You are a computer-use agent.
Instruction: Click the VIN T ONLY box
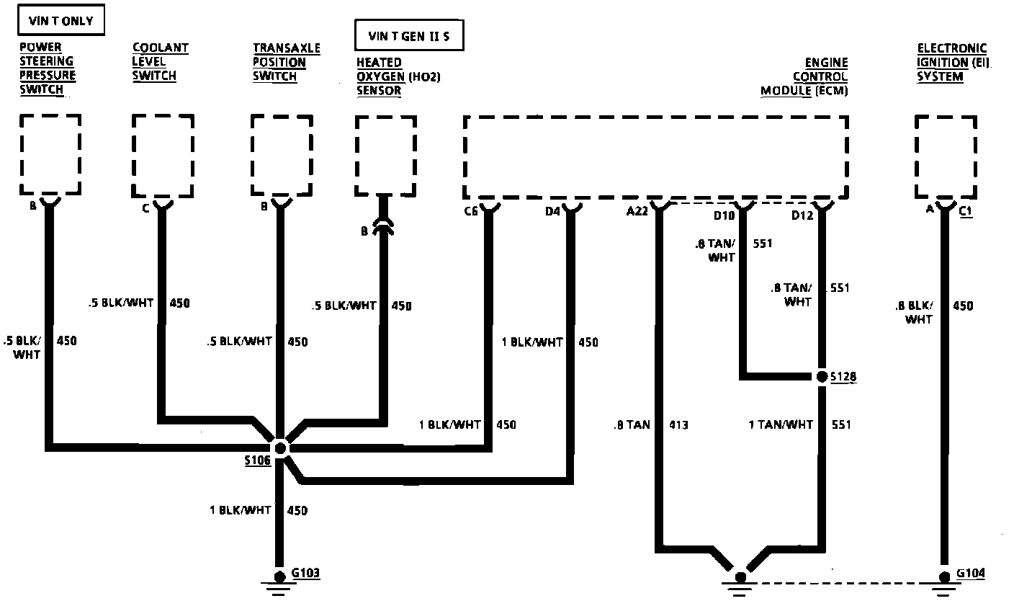(61, 21)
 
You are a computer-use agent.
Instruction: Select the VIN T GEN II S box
(408, 36)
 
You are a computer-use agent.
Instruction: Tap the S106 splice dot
(281, 448)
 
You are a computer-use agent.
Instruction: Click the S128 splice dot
(822, 377)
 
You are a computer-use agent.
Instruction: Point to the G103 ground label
(305, 574)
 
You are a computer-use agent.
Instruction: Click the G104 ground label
(971, 574)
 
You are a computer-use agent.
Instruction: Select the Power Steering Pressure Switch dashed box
(50, 154)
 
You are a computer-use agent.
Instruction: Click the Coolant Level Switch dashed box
(163, 154)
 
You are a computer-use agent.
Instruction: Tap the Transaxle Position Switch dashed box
(282, 154)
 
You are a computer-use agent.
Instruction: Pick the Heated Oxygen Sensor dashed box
(385, 156)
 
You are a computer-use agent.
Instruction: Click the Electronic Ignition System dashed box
(946, 155)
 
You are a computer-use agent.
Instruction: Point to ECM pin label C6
(471, 211)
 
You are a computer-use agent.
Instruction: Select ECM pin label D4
(552, 211)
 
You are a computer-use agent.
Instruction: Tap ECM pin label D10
(724, 215)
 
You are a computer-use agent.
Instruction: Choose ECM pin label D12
(802, 215)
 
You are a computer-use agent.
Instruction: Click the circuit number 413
(678, 425)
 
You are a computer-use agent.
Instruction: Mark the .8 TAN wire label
(632, 425)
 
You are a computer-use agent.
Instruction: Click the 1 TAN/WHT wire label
(781, 425)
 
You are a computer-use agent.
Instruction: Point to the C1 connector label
(966, 213)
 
